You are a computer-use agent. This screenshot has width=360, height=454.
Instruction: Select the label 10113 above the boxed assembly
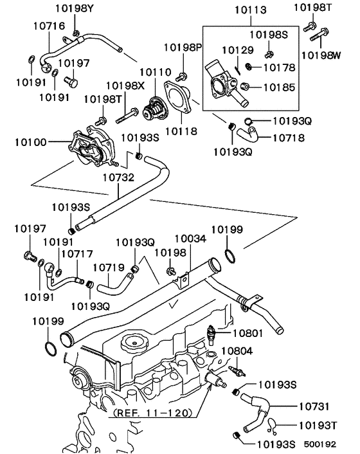[245, 10]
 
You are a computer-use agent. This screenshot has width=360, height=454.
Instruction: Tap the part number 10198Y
[75, 8]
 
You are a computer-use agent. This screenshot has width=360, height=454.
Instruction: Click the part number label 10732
[119, 175]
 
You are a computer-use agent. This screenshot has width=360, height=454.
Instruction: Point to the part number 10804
[237, 351]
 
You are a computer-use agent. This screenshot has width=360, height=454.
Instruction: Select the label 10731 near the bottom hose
[314, 406]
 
